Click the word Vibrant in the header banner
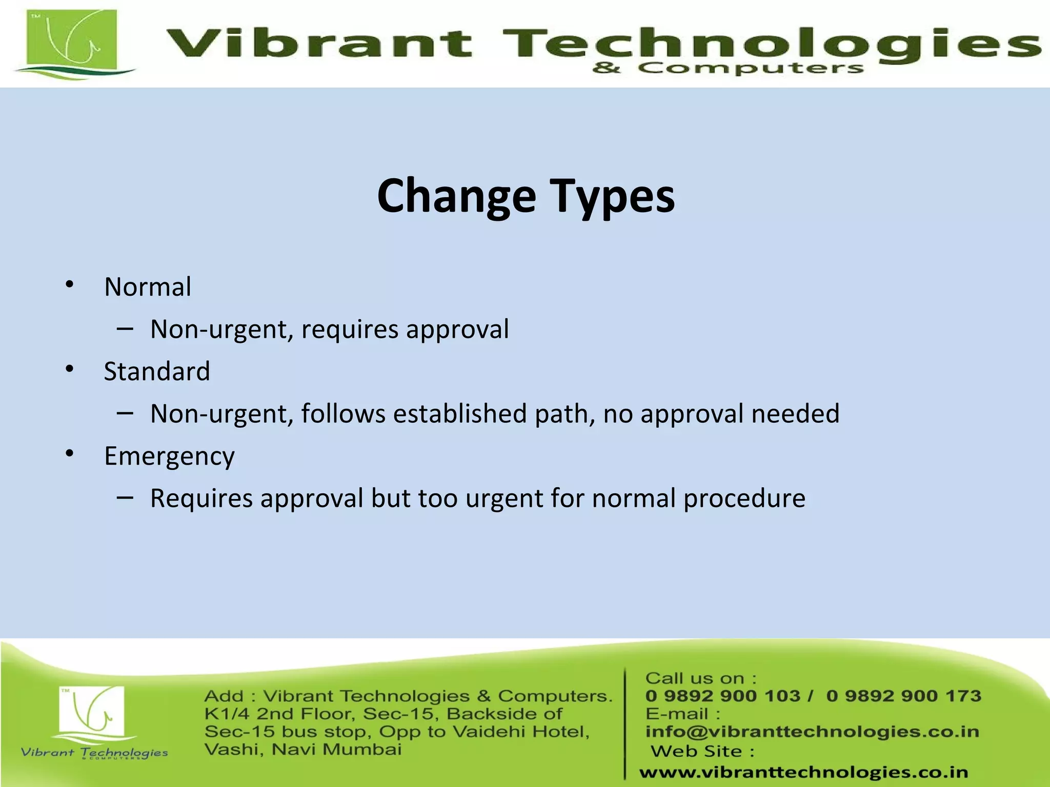(x=318, y=43)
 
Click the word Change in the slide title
(x=456, y=196)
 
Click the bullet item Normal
(x=148, y=287)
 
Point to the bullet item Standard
(x=157, y=371)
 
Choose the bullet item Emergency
(x=169, y=456)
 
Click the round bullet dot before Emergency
(x=70, y=453)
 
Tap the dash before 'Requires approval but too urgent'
(x=125, y=497)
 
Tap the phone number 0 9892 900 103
(x=723, y=696)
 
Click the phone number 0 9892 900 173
(x=903, y=696)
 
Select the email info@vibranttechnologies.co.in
(x=812, y=732)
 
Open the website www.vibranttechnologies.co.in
(x=803, y=772)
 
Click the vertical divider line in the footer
(x=625, y=722)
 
